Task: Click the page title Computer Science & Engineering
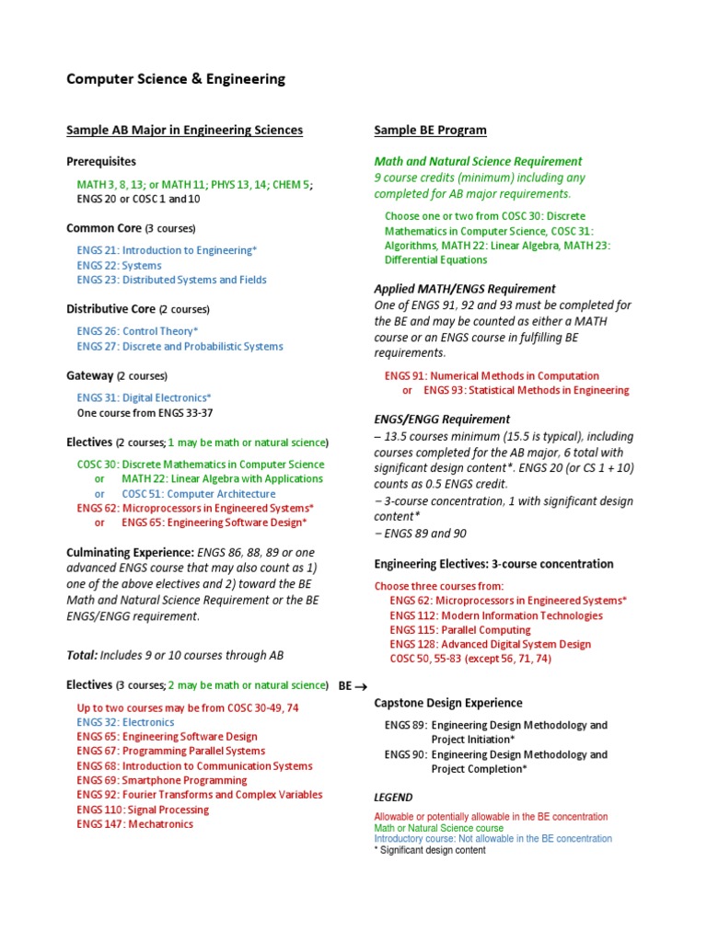point(176,79)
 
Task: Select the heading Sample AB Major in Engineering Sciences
point(184,131)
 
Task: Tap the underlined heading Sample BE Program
point(430,131)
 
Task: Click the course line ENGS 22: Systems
point(120,265)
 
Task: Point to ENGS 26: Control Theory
point(137,331)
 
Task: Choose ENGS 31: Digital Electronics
point(145,397)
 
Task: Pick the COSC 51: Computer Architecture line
point(197,493)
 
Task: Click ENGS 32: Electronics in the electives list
point(125,722)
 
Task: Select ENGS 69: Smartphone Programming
point(162,780)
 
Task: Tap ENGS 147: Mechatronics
point(135,824)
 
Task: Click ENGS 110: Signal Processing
point(143,810)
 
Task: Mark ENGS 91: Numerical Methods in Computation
point(492,375)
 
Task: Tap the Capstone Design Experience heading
point(448,703)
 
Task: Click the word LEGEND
point(393,798)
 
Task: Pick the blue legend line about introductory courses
point(493,839)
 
